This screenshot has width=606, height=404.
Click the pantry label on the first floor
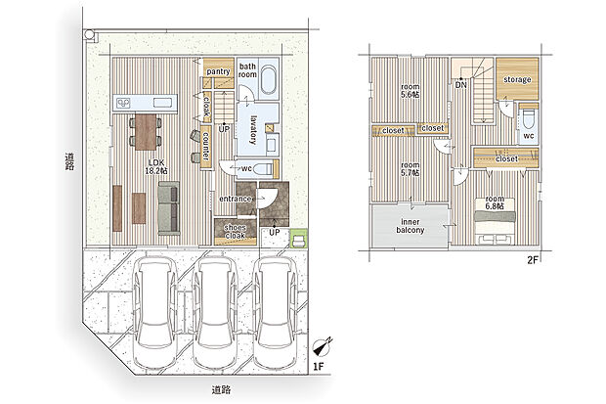click(218, 71)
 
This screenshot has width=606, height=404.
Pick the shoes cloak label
click(235, 232)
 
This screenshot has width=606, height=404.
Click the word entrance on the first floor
click(236, 200)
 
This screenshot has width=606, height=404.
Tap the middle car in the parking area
click(213, 311)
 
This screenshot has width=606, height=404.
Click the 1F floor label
click(318, 368)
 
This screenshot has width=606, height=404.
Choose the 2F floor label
click(533, 259)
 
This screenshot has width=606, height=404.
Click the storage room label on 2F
click(517, 78)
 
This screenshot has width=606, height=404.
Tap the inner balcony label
click(410, 226)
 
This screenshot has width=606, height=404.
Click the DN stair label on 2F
click(459, 85)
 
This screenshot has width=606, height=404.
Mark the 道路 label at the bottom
click(221, 389)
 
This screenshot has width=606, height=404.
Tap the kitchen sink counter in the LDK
click(146, 101)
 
